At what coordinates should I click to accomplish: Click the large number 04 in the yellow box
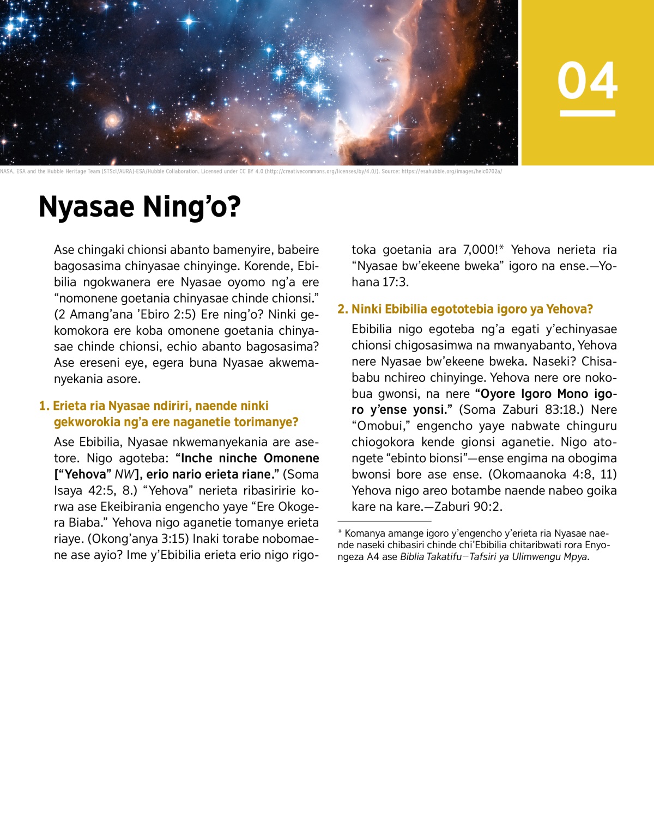point(587,81)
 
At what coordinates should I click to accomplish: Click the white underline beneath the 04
point(587,113)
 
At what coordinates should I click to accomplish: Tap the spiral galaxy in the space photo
point(113,119)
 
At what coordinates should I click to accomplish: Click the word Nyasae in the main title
point(87,207)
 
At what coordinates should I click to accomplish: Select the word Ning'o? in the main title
point(191,207)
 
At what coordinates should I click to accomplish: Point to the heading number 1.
point(44,406)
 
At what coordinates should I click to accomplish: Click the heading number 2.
point(342,309)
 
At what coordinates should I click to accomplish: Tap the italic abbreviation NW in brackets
point(124,475)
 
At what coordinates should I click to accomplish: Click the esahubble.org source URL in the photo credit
point(451,171)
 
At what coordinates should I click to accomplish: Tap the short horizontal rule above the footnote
point(384,522)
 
